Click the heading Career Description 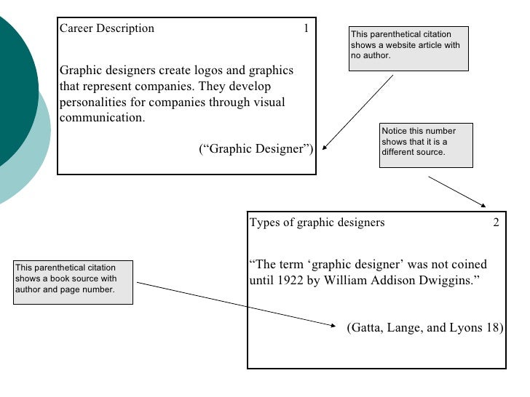[x=106, y=29]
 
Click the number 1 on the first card [x=306, y=28]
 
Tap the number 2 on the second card [x=496, y=222]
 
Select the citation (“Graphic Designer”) [x=256, y=149]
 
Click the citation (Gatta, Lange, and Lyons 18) [x=425, y=327]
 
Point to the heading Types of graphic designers [x=317, y=222]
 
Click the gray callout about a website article [x=408, y=49]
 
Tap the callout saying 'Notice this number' [x=426, y=145]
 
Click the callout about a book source [x=73, y=282]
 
